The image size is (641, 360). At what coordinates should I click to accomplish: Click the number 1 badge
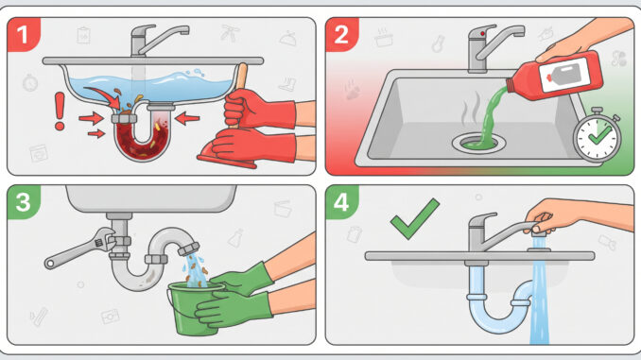pos(23,34)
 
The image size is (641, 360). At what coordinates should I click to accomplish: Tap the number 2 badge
pos(341,34)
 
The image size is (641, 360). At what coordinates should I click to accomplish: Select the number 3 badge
pos(23,202)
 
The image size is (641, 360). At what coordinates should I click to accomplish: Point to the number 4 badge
pos(341,202)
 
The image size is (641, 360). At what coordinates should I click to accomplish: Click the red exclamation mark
pos(60,111)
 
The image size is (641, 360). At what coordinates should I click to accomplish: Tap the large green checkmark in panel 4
pos(414,218)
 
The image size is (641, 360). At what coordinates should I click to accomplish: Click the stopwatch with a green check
pos(598,136)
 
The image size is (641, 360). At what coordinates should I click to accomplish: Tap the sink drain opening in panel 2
pos(478,143)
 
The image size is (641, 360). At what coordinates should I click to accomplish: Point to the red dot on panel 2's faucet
pos(483,33)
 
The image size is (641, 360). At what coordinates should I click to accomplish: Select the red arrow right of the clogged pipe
pos(187,119)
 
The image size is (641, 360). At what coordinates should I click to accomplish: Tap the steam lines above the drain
pos(471,110)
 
